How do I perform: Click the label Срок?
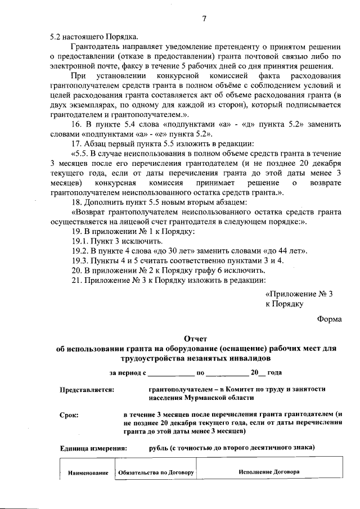click(69, 415)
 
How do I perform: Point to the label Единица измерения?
click(93, 448)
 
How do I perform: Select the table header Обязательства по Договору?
click(155, 472)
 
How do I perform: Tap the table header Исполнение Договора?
click(269, 472)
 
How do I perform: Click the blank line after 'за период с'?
click(170, 373)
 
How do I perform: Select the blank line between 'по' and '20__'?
click(227, 373)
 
